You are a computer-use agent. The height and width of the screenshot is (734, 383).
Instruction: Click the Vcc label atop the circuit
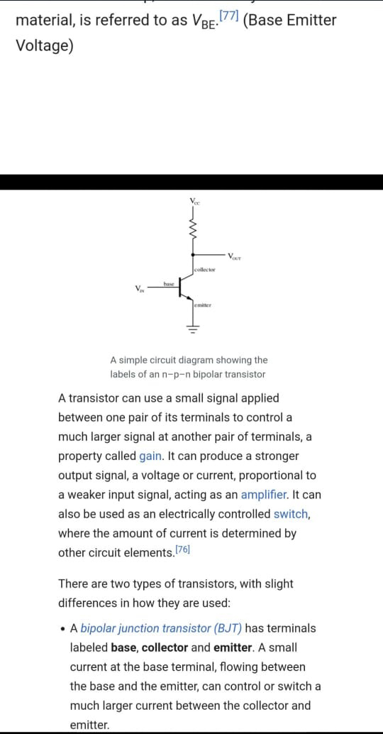(x=194, y=202)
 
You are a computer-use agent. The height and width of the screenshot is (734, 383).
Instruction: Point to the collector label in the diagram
(x=204, y=270)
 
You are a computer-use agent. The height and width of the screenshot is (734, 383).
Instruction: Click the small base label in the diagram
(x=169, y=284)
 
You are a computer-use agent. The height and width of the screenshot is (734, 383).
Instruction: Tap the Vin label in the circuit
(x=140, y=288)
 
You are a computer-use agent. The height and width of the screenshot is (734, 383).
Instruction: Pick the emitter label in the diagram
(x=203, y=305)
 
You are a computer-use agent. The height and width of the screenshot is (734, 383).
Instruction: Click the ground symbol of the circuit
(x=193, y=328)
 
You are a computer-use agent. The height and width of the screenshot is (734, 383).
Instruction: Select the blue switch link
(x=290, y=514)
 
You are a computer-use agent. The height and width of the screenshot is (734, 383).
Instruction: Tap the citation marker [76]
(x=182, y=550)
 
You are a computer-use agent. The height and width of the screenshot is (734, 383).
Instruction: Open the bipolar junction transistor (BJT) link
(x=161, y=629)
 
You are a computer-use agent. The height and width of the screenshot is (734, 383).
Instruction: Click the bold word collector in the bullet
(x=165, y=648)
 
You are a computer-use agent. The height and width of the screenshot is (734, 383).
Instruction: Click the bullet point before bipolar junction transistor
(x=62, y=629)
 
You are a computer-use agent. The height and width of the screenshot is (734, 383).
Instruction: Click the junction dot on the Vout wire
(x=192, y=255)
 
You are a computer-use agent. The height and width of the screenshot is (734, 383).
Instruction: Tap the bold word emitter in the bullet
(x=232, y=648)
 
